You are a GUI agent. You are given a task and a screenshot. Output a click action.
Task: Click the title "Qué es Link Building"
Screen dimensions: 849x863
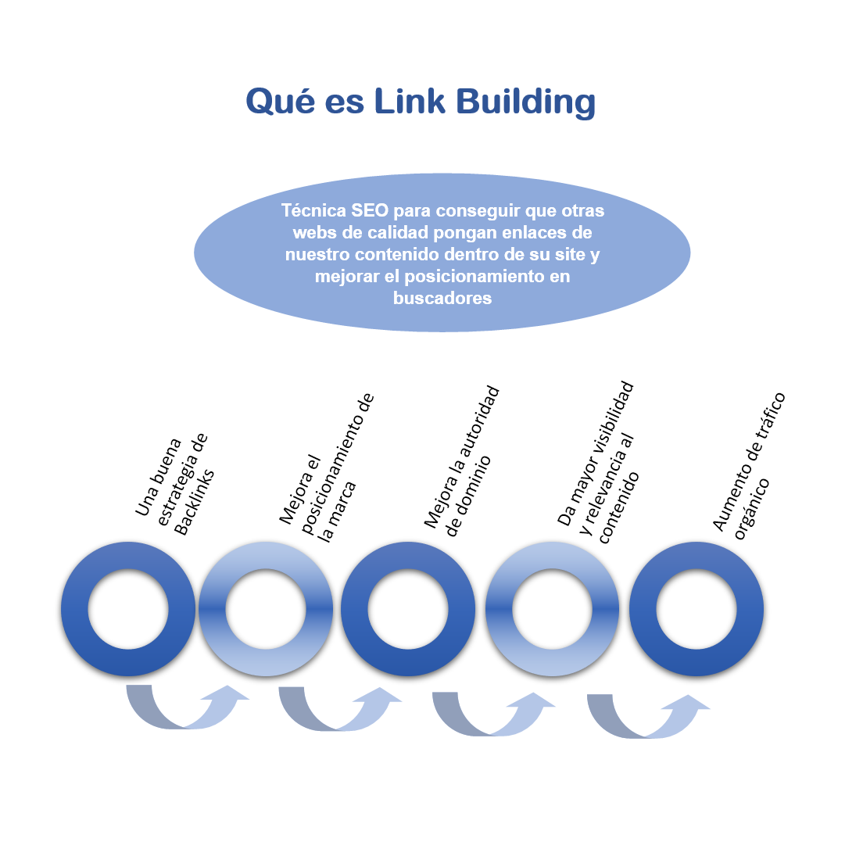tap(421, 102)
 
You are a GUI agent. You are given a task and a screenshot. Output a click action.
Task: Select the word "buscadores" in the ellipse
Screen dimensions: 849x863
tap(442, 298)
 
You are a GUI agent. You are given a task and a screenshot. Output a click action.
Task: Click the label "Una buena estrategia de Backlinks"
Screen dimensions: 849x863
tap(174, 485)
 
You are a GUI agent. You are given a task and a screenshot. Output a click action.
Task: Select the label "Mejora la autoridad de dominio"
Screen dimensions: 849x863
tap(460, 461)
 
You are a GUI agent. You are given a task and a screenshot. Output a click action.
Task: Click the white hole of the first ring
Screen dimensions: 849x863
tap(128, 609)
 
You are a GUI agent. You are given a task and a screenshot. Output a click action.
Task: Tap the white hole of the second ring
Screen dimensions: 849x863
tap(266, 609)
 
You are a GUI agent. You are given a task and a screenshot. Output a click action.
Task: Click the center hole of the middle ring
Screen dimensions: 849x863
tap(407, 609)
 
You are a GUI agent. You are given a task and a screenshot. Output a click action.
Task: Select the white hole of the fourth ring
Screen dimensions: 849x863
tap(552, 609)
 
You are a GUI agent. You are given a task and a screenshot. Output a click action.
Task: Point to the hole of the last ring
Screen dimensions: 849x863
tap(696, 609)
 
